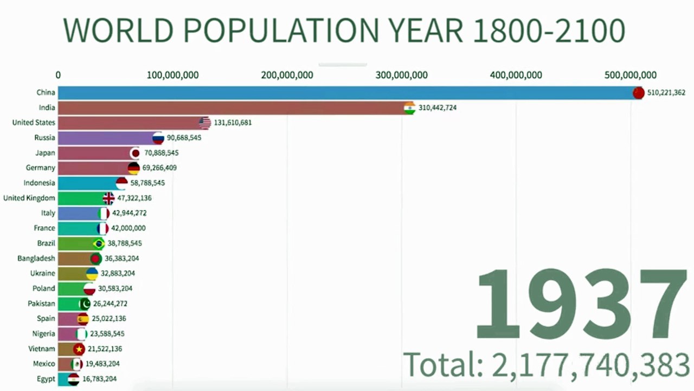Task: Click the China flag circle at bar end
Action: (x=638, y=93)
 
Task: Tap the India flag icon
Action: (x=409, y=108)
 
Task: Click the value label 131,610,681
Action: (x=233, y=123)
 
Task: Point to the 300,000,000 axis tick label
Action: (x=402, y=75)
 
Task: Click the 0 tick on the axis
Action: (x=58, y=75)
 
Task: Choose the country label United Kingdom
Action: (x=29, y=198)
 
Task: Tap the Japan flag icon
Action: (x=136, y=153)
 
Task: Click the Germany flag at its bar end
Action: (x=133, y=168)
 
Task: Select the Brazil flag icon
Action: (x=99, y=244)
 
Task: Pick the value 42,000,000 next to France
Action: (x=128, y=228)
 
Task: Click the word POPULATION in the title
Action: (x=281, y=30)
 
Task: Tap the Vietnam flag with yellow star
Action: (x=79, y=349)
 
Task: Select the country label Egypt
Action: (x=46, y=379)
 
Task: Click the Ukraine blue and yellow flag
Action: (x=92, y=274)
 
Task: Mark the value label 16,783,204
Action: (x=99, y=379)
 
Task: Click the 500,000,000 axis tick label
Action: (x=630, y=75)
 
